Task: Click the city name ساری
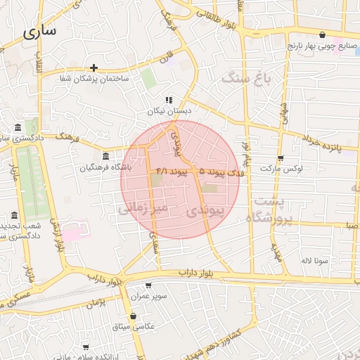pyautogui.click(x=41, y=32)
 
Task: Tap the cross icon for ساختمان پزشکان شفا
pyautogui.click(x=94, y=68)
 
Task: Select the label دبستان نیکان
pyautogui.click(x=169, y=111)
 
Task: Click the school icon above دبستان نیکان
pyautogui.click(x=169, y=100)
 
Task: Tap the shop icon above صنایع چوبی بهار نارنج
pyautogui.click(x=323, y=34)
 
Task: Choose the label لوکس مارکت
pyautogui.click(x=280, y=169)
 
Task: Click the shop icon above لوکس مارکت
pyautogui.click(x=281, y=158)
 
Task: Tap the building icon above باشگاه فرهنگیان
pyautogui.click(x=106, y=156)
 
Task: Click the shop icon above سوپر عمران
pyautogui.click(x=148, y=285)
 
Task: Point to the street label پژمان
pyautogui.click(x=97, y=302)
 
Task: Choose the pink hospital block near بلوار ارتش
pyautogui.click(x=76, y=231)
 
